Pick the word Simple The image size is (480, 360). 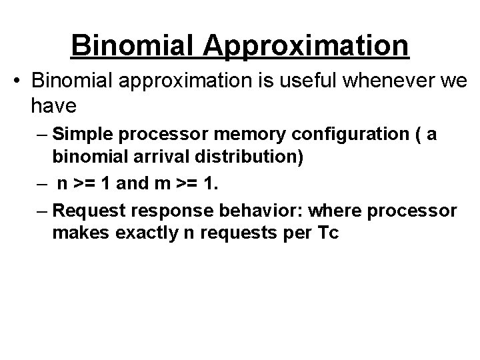83,135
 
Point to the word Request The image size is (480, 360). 85,212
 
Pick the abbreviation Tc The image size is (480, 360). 329,233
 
